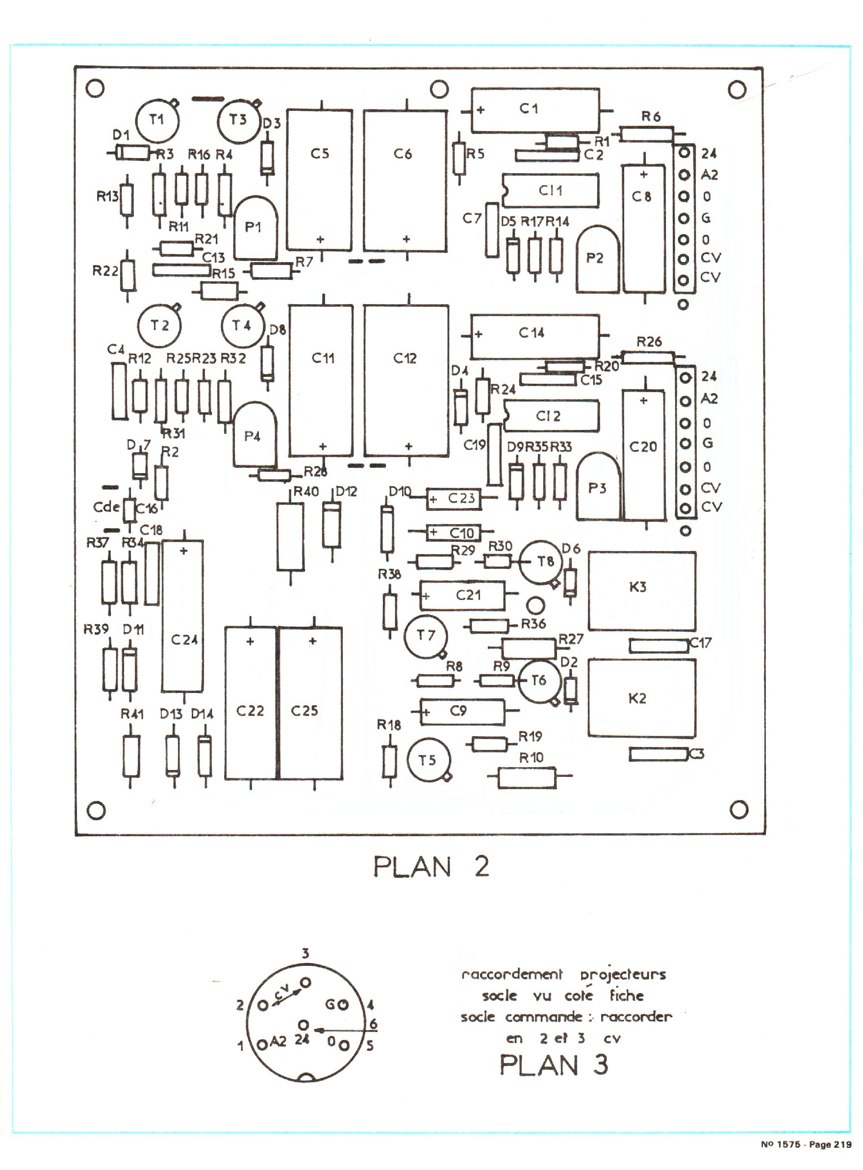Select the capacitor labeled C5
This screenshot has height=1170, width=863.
click(x=319, y=179)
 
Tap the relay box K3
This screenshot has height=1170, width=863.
click(x=642, y=591)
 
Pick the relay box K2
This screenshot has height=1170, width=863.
click(x=642, y=698)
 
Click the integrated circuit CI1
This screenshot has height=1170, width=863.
click(x=551, y=191)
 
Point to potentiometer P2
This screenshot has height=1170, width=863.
click(x=598, y=259)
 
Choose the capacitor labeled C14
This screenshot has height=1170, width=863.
click(x=534, y=336)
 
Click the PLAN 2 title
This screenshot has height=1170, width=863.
click(x=431, y=867)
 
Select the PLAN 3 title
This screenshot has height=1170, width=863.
click(x=554, y=1064)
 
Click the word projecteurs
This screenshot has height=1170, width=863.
click(x=623, y=975)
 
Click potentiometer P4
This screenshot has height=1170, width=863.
click(x=254, y=435)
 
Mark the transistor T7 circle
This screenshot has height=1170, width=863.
click(x=426, y=636)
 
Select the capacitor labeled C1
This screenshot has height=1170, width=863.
click(x=535, y=110)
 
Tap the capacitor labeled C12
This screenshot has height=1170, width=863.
click(x=406, y=380)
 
